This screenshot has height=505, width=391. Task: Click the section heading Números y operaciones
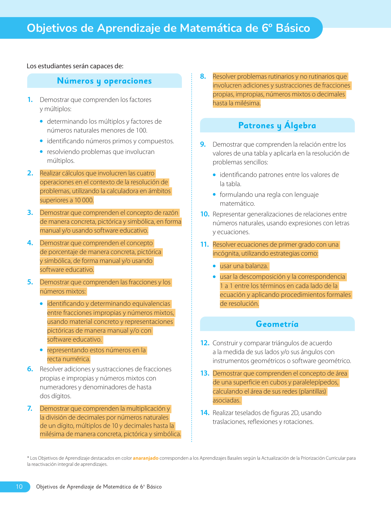click(x=104, y=81)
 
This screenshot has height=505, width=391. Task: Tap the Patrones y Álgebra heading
click(x=277, y=125)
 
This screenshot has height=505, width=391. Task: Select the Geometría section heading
click(x=277, y=324)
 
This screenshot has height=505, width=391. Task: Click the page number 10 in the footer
click(x=19, y=487)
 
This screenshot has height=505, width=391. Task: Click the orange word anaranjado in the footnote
click(x=145, y=458)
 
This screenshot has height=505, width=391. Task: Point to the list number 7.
click(x=30, y=409)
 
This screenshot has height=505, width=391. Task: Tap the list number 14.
click(x=205, y=413)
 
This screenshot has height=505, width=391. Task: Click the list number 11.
click(x=204, y=245)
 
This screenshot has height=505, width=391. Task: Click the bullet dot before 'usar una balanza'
click(x=214, y=266)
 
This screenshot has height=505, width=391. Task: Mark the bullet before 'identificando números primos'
click(x=41, y=141)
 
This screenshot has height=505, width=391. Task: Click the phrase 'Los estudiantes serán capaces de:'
click(x=75, y=66)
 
